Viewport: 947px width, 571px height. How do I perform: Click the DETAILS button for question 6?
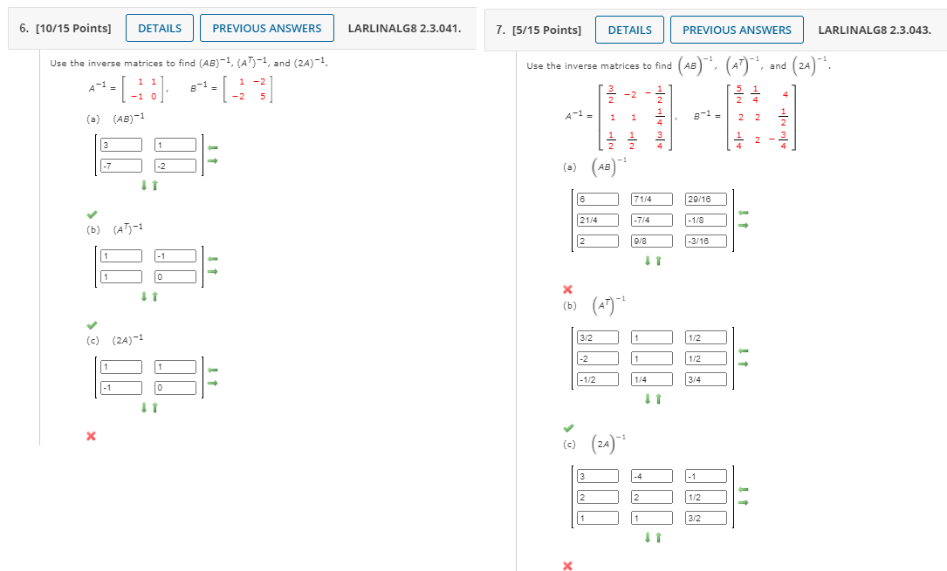[160, 28]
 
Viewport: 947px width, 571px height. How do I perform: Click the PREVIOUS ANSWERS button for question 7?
[737, 30]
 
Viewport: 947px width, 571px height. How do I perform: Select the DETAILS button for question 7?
[629, 30]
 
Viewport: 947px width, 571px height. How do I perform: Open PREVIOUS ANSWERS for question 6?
[266, 28]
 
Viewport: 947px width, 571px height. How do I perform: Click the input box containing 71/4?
[652, 200]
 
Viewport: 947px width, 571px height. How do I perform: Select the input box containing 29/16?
[706, 200]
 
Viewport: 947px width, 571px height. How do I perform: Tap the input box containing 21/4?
[598, 221]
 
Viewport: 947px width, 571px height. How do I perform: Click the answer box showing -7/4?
[652, 221]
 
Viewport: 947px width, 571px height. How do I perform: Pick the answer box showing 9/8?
[652, 241]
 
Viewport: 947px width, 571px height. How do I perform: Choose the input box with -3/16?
[706, 241]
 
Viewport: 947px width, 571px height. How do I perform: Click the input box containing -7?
[121, 165]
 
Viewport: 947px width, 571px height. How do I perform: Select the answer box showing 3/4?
[706, 379]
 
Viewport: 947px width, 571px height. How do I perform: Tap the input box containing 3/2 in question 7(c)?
[706, 518]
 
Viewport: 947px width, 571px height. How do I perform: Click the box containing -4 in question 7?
[652, 476]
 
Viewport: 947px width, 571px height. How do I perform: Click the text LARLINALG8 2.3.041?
[404, 28]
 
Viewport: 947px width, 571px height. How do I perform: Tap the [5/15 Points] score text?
[538, 30]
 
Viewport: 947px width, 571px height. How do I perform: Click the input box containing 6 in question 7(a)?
[598, 200]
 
